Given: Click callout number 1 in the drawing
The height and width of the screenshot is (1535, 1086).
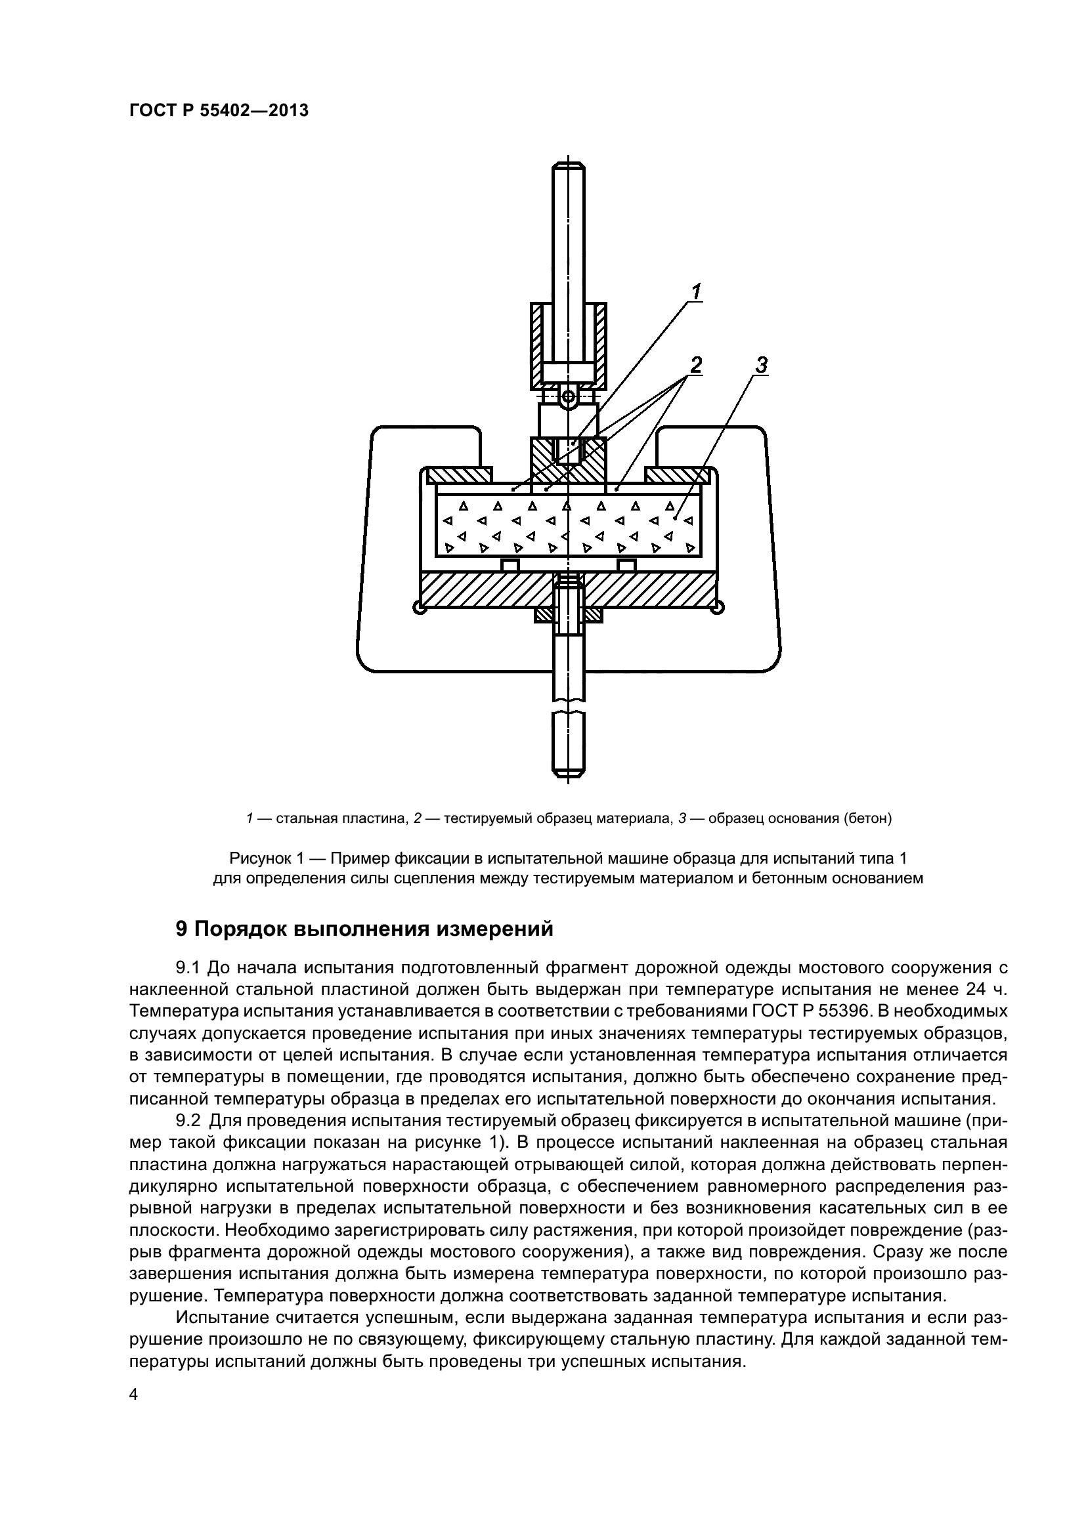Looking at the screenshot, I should tap(696, 291).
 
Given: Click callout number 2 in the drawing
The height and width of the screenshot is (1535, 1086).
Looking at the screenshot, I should tap(696, 365).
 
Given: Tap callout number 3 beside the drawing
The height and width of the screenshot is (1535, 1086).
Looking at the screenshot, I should tap(761, 366).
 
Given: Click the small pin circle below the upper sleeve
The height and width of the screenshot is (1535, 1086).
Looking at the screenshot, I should tap(569, 398).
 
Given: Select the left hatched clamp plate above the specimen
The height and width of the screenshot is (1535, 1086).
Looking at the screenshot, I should tap(460, 474).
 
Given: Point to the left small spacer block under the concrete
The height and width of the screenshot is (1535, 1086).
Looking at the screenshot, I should tap(510, 566).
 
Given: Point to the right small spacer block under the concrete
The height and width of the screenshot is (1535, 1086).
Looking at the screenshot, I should tap(626, 566).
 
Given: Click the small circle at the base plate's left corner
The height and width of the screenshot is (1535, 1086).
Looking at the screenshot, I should tap(419, 608).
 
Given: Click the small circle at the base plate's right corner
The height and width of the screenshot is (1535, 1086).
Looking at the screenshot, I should tap(718, 607).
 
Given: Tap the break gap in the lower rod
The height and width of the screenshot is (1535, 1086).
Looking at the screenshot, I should tap(569, 706).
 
